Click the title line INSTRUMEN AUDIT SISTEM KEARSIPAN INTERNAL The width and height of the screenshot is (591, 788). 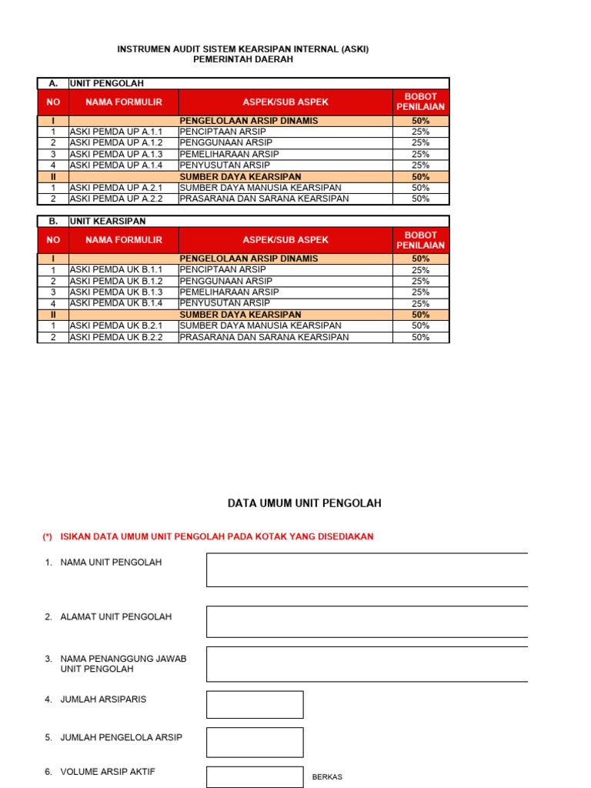tap(242, 49)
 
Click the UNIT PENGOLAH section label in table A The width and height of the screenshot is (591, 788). tap(107, 83)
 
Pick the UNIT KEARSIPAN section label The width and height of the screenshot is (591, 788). tap(108, 221)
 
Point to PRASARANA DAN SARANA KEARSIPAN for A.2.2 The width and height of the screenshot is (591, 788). tap(264, 199)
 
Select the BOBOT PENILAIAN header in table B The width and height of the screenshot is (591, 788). tap(420, 240)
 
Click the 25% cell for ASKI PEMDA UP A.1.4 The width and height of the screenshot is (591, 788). tap(420, 165)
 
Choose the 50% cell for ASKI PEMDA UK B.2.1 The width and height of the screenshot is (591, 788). tap(420, 326)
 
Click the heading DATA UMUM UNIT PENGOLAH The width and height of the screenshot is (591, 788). tap(304, 503)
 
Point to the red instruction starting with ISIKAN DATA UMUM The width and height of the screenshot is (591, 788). tap(216, 536)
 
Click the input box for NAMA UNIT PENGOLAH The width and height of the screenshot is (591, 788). tap(366, 569)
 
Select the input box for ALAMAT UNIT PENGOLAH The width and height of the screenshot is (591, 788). tap(366, 622)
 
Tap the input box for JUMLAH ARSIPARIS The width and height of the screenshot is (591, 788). tap(255, 705)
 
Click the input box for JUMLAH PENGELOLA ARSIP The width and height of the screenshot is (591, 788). tap(255, 743)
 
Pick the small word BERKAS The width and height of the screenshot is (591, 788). tap(326, 777)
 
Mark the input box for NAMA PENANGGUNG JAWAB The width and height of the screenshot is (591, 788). tap(366, 664)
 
